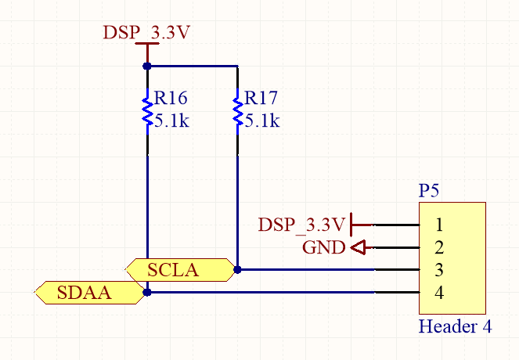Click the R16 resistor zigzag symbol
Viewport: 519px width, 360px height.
pyautogui.click(x=146, y=110)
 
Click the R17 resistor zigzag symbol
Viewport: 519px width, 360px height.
pyautogui.click(x=237, y=110)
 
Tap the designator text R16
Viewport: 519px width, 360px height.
pyautogui.click(x=171, y=99)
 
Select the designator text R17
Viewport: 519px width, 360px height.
pyautogui.click(x=261, y=99)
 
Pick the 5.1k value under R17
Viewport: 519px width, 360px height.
pyautogui.click(x=262, y=121)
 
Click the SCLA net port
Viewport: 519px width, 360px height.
pyautogui.click(x=180, y=270)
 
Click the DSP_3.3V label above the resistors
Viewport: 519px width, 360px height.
pyautogui.click(x=147, y=33)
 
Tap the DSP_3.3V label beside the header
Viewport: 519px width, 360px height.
pyautogui.click(x=301, y=225)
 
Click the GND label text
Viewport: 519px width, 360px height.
pyautogui.click(x=323, y=248)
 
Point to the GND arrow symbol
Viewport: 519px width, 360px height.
pyautogui.click(x=359, y=248)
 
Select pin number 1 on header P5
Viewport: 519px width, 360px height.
pyautogui.click(x=439, y=225)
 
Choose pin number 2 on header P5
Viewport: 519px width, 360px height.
pyautogui.click(x=439, y=248)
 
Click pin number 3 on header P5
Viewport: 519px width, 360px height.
pyautogui.click(x=439, y=271)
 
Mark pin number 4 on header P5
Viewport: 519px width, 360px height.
pyautogui.click(x=439, y=293)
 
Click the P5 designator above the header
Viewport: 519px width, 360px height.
pyautogui.click(x=430, y=190)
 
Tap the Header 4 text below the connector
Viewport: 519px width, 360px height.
pyautogui.click(x=456, y=326)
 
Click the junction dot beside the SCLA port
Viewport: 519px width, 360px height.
pyautogui.click(x=237, y=270)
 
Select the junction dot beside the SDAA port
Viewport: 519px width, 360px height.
pyautogui.click(x=147, y=293)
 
